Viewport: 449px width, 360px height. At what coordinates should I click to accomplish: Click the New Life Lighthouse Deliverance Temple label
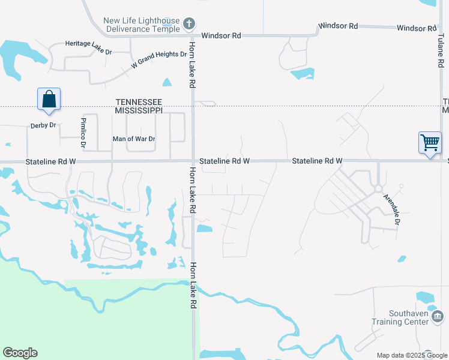tap(142, 25)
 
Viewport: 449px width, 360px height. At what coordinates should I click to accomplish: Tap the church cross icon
tap(189, 24)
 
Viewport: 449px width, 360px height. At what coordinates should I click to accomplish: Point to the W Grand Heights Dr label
tap(159, 59)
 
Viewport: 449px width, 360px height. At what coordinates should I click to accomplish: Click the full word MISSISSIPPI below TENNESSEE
tap(139, 111)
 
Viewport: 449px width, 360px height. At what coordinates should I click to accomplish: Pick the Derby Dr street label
tap(43, 125)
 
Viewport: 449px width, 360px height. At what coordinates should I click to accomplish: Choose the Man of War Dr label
tap(134, 139)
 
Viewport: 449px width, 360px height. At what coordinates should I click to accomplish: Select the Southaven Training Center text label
tap(400, 317)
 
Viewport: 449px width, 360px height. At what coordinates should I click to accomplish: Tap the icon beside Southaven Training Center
tap(438, 316)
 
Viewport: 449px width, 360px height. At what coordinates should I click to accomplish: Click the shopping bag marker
tap(49, 99)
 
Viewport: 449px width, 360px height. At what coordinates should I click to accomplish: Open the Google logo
tap(20, 353)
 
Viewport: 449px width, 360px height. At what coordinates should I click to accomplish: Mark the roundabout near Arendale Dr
tap(379, 188)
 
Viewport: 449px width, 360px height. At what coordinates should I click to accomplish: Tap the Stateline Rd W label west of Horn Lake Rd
tap(51, 162)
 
